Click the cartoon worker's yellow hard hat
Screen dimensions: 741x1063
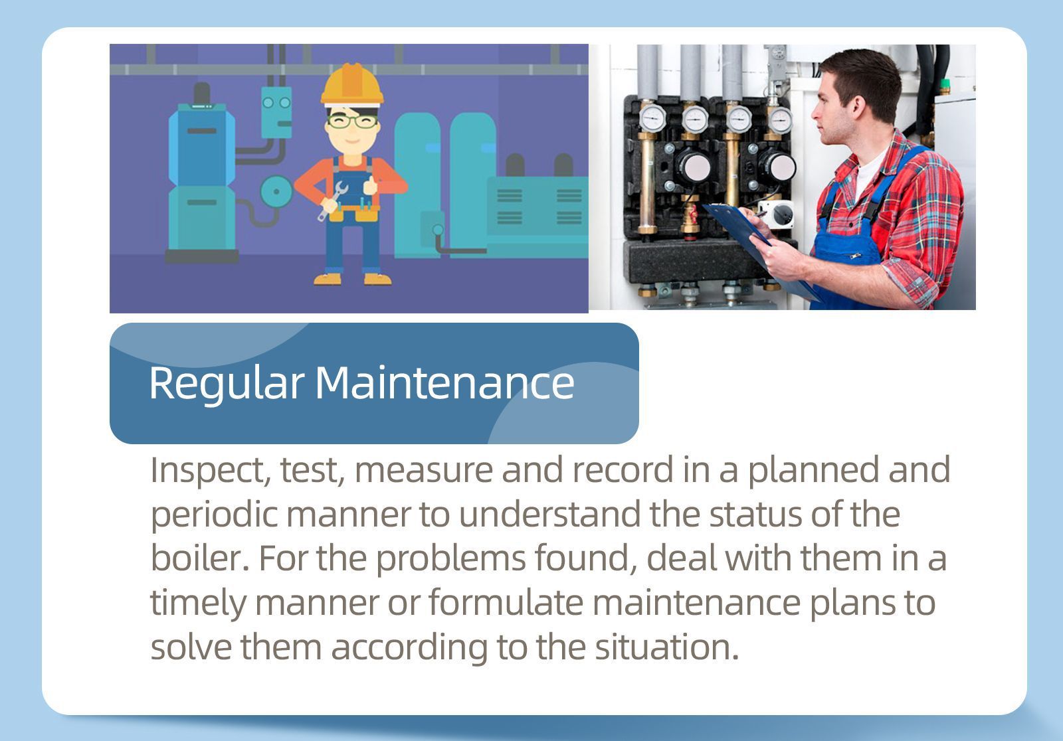click(x=352, y=85)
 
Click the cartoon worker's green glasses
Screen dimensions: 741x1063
click(x=352, y=122)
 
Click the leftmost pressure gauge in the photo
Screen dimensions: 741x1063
click(x=652, y=118)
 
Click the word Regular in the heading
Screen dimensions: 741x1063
click(x=226, y=383)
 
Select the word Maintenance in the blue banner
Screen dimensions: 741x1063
click(x=444, y=383)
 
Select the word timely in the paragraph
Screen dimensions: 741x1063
click(x=197, y=604)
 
